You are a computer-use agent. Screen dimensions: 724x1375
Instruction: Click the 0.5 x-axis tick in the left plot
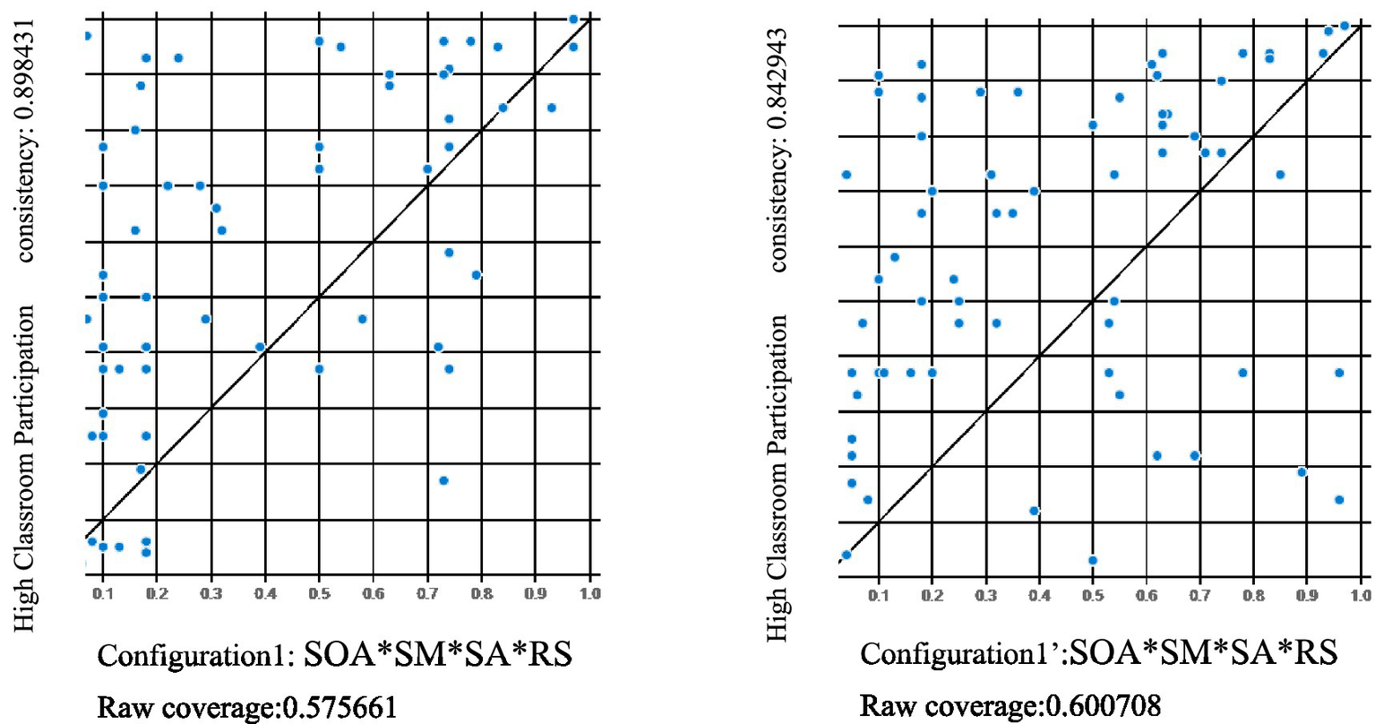coord(319,594)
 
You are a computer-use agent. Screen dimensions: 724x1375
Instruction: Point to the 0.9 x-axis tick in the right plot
coord(1307,595)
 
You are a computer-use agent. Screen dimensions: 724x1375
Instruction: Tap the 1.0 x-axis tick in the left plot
coord(589,594)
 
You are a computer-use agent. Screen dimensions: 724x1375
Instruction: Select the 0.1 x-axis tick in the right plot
coord(879,595)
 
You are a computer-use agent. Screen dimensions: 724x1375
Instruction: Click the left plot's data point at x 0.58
coord(362,319)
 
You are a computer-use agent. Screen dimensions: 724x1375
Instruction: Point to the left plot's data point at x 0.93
coord(551,108)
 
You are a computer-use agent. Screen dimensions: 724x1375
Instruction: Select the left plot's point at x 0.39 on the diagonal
coord(260,347)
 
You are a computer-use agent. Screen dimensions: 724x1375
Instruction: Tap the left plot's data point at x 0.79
coord(476,274)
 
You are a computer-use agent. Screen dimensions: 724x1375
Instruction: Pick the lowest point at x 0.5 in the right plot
coord(1093,560)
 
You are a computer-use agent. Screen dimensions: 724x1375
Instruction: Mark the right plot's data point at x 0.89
coord(1302,472)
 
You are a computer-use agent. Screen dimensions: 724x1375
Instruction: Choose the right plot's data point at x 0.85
coord(1280,175)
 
